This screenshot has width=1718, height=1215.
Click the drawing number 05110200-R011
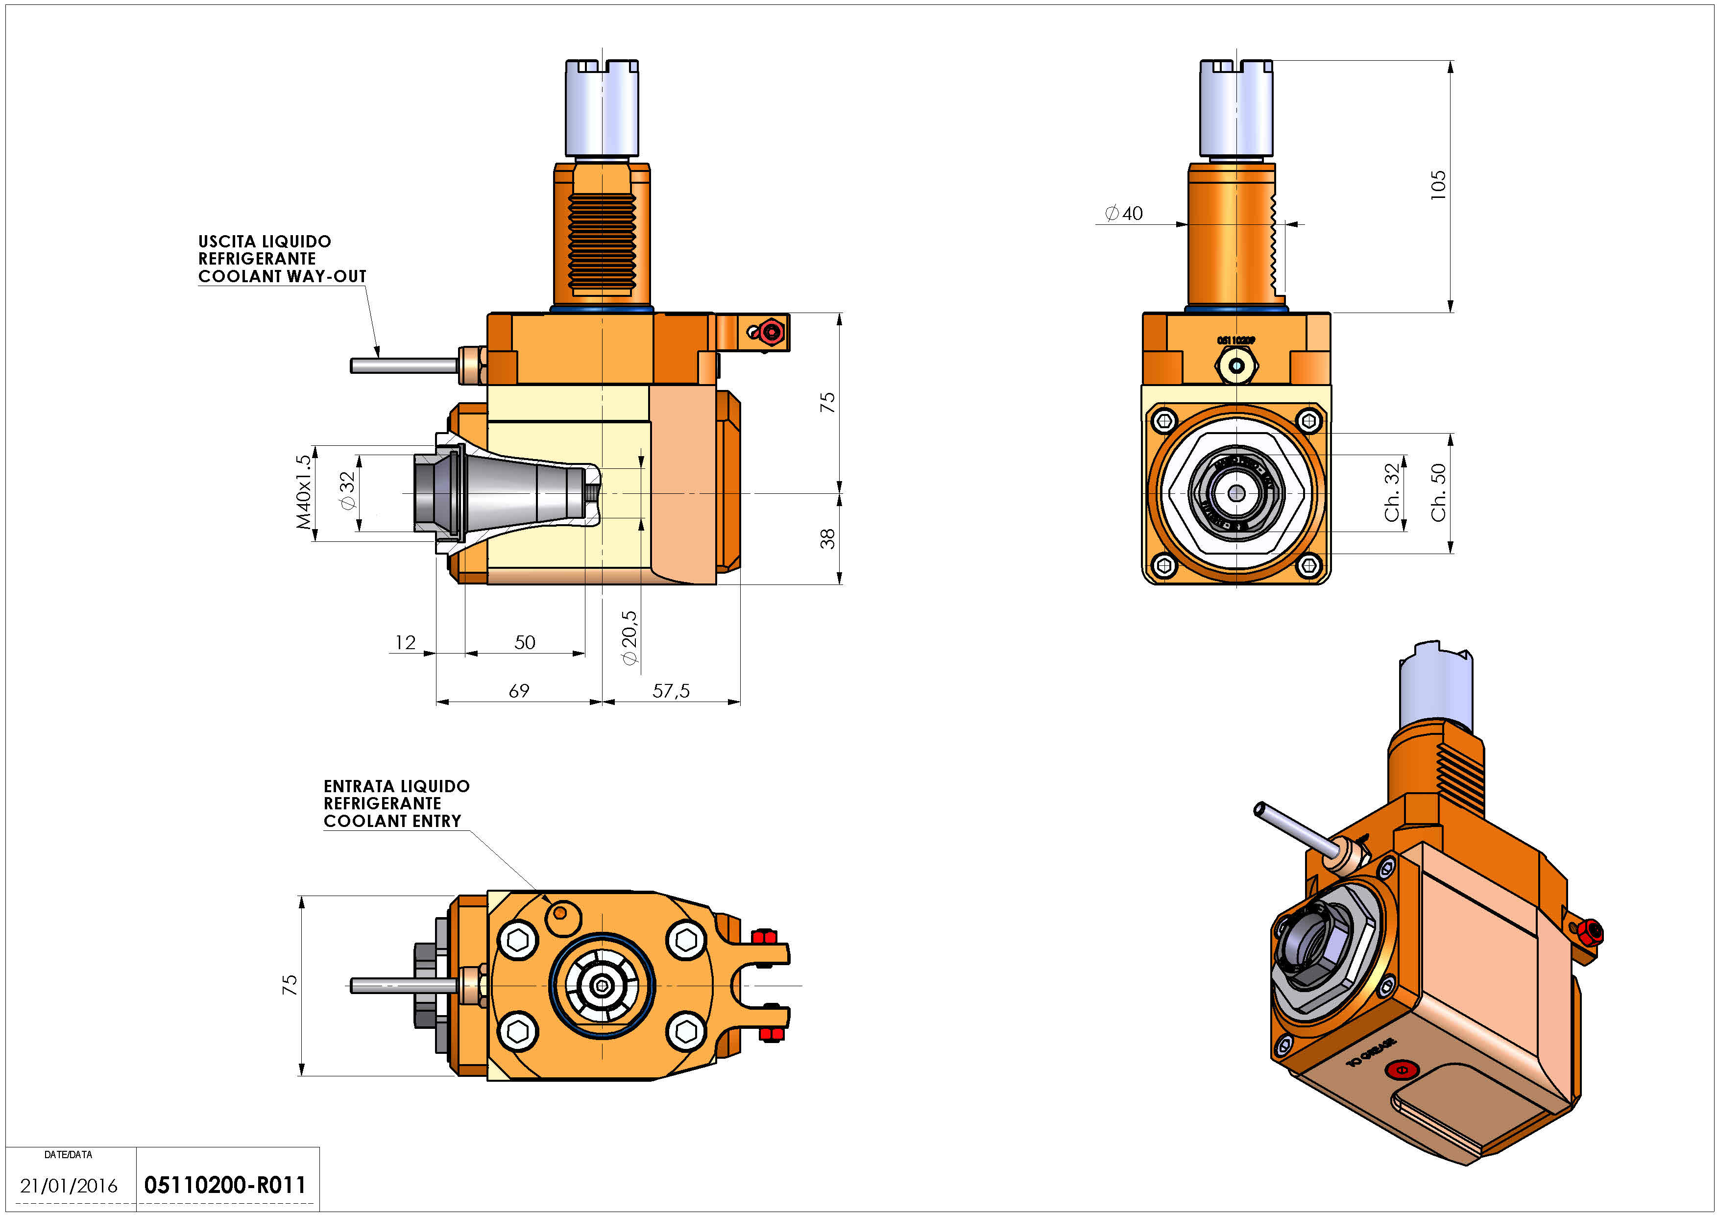click(224, 1185)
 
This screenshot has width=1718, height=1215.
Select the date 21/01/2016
click(69, 1186)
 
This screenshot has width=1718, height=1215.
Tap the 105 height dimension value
click(1437, 185)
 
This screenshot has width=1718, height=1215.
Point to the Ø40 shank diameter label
click(1124, 213)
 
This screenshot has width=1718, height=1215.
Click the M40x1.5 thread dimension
click(303, 492)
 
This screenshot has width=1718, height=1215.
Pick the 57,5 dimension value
click(671, 691)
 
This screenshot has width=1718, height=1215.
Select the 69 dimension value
click(519, 691)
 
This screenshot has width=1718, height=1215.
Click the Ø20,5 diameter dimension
click(629, 637)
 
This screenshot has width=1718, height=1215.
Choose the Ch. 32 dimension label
click(1392, 492)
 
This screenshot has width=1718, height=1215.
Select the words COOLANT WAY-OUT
click(282, 276)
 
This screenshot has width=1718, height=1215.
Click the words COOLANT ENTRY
click(392, 821)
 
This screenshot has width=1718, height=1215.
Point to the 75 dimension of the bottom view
click(290, 985)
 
